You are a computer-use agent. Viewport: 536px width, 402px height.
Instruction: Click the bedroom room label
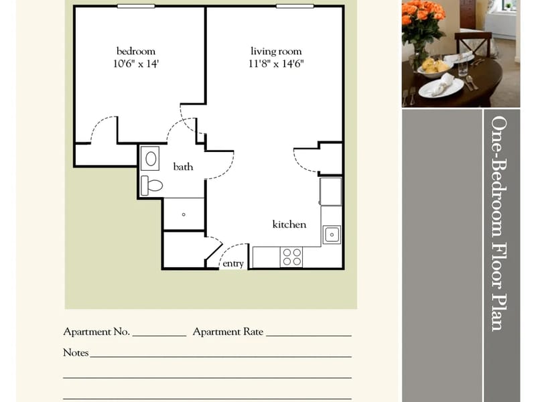(x=136, y=52)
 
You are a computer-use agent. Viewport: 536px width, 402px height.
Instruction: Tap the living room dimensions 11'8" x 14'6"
(x=276, y=64)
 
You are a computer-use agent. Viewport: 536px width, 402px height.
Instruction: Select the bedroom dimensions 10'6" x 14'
(x=136, y=64)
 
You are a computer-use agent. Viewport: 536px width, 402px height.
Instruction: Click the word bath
(x=183, y=167)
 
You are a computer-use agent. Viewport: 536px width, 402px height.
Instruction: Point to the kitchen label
(x=289, y=224)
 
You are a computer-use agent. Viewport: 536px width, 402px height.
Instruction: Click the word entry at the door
(x=233, y=263)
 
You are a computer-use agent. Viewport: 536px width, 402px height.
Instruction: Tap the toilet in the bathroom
(x=152, y=186)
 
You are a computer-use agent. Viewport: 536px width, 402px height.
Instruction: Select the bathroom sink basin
(x=150, y=159)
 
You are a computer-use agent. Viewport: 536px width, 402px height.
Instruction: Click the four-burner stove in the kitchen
(x=291, y=257)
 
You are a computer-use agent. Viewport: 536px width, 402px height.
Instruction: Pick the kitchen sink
(x=332, y=235)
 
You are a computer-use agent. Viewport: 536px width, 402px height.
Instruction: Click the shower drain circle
(x=184, y=214)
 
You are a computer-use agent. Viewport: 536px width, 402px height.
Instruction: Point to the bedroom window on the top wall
(x=136, y=6)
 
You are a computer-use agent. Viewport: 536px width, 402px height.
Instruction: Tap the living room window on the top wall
(x=295, y=6)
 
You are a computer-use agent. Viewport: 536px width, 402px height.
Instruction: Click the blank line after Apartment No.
(x=159, y=336)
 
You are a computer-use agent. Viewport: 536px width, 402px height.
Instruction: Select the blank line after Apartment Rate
(x=309, y=336)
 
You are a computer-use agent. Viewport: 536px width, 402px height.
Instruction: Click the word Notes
(x=76, y=352)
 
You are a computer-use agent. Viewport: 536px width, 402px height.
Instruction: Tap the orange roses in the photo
(x=423, y=13)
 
